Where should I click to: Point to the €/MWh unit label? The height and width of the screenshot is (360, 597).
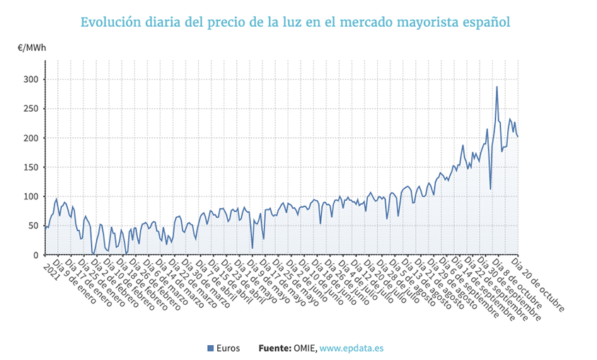pyautogui.click(x=33, y=48)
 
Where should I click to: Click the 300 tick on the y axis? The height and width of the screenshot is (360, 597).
pyautogui.click(x=30, y=79)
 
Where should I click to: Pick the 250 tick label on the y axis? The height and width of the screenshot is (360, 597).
pyautogui.click(x=30, y=108)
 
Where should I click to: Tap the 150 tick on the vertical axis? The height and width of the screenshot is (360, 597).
pyautogui.click(x=30, y=167)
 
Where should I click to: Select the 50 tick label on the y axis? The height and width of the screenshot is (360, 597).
pyautogui.click(x=33, y=226)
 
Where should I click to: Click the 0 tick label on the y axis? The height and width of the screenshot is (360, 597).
pyautogui.click(x=35, y=255)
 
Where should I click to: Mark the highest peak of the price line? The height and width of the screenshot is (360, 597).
pyautogui.click(x=497, y=87)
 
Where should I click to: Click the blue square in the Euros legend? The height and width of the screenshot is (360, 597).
pyautogui.click(x=210, y=348)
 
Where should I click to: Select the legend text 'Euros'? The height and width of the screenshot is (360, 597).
pyautogui.click(x=228, y=348)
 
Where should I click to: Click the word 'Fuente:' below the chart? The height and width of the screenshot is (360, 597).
pyautogui.click(x=274, y=348)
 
